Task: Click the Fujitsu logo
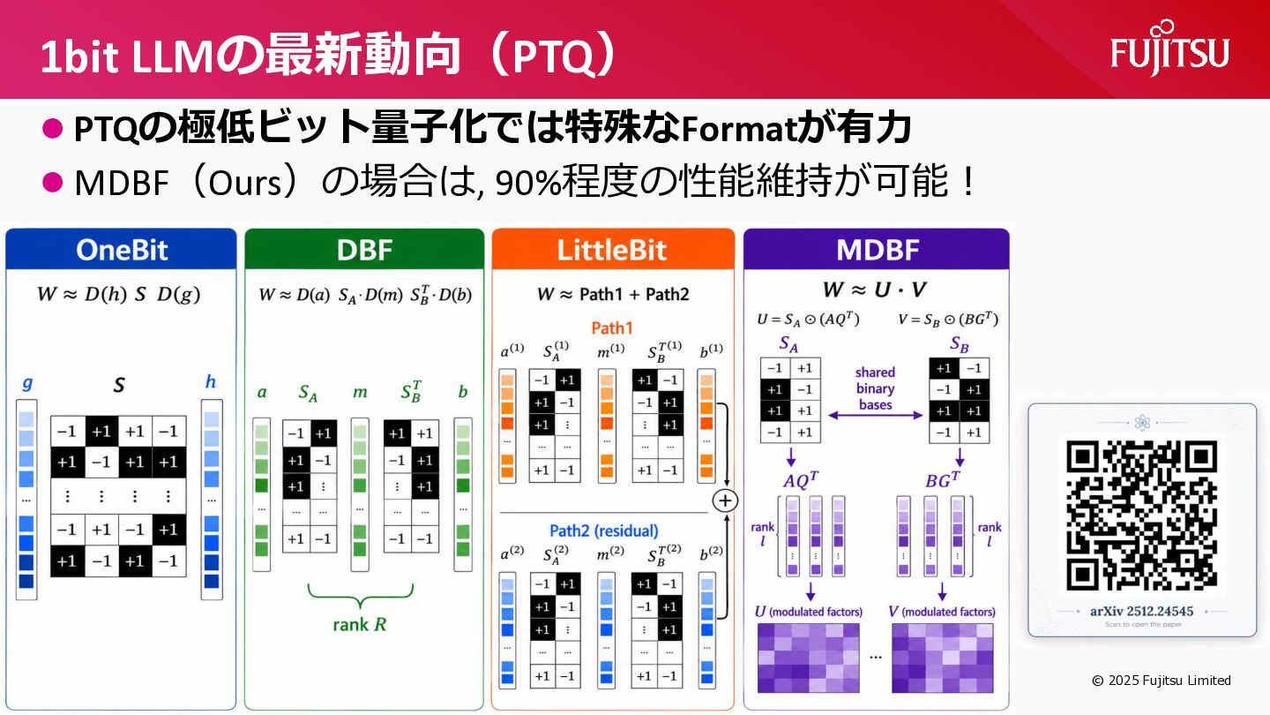(1169, 50)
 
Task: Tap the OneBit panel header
(121, 249)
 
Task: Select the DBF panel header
(364, 249)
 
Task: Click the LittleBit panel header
(612, 249)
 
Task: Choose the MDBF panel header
(877, 249)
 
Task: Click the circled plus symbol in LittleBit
(725, 500)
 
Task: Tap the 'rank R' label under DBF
(360, 625)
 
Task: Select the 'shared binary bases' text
(876, 388)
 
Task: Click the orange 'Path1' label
(612, 328)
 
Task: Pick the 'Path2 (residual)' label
(604, 531)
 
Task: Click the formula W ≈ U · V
(876, 290)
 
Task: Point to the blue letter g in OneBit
(26, 384)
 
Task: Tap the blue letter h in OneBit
(210, 381)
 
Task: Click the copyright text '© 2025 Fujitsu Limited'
(1162, 681)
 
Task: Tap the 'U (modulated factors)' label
(809, 612)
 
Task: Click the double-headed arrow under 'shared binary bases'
(876, 416)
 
